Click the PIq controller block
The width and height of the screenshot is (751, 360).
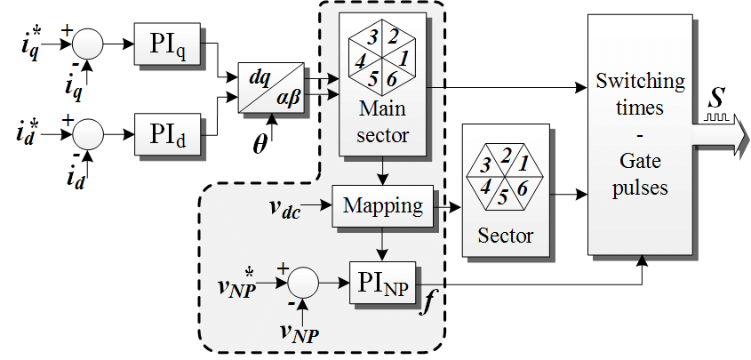pos(168,41)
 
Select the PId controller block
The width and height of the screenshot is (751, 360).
pos(168,136)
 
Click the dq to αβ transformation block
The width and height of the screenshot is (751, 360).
pos(276,90)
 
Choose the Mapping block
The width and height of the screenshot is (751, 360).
pos(381,206)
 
